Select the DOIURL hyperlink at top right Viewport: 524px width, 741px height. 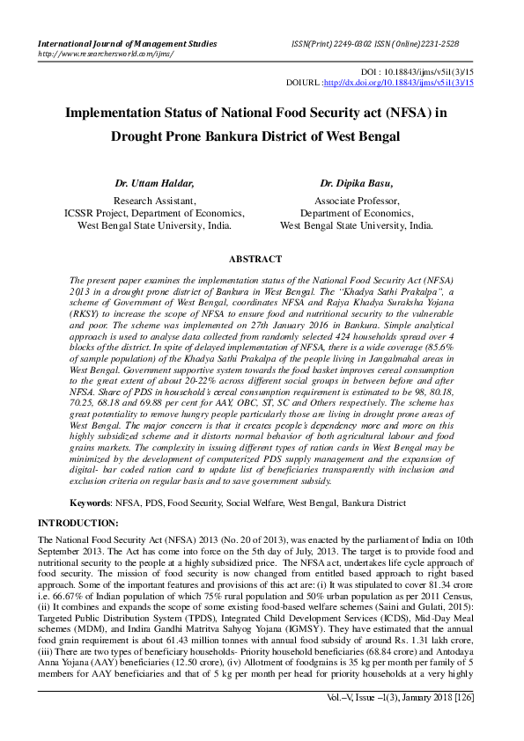pos(399,82)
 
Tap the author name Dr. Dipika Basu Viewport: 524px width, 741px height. pos(357,184)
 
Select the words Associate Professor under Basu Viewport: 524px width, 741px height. pos(357,201)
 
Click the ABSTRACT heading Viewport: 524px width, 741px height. pos(255,260)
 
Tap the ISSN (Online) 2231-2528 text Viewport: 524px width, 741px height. pos(425,42)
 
